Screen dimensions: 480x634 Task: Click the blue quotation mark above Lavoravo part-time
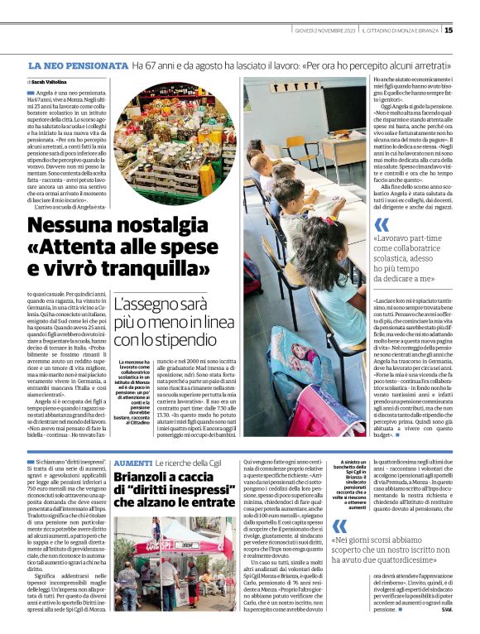(x=381, y=226)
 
